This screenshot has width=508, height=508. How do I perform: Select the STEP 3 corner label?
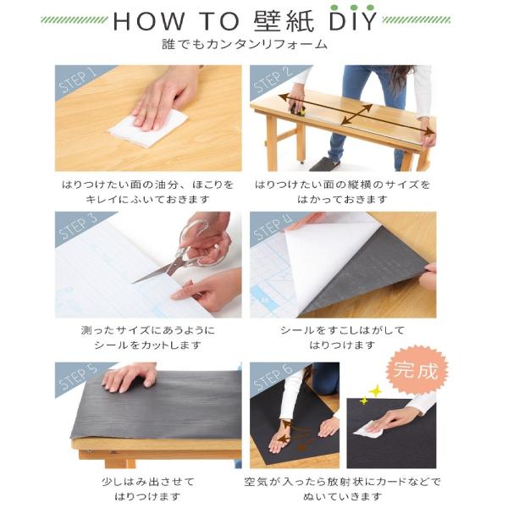(x=78, y=227)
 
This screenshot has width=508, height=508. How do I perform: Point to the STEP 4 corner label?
(x=273, y=227)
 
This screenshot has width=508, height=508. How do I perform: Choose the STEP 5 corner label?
(x=78, y=378)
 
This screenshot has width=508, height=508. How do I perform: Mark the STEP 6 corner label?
(x=273, y=378)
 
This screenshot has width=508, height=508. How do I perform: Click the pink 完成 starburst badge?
(x=417, y=370)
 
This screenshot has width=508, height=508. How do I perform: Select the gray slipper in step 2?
(x=324, y=164)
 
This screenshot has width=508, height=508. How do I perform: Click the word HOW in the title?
(x=148, y=20)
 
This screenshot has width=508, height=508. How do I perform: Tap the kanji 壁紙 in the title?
(x=284, y=20)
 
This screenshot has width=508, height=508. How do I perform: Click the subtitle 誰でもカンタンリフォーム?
(x=245, y=44)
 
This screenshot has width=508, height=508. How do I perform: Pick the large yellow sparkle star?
(x=375, y=390)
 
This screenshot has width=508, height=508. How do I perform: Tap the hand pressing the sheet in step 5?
(x=129, y=378)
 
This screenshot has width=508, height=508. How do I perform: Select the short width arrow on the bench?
(x=356, y=113)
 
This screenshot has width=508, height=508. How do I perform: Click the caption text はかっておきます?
(x=342, y=199)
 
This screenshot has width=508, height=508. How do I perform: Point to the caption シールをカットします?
(x=148, y=345)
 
